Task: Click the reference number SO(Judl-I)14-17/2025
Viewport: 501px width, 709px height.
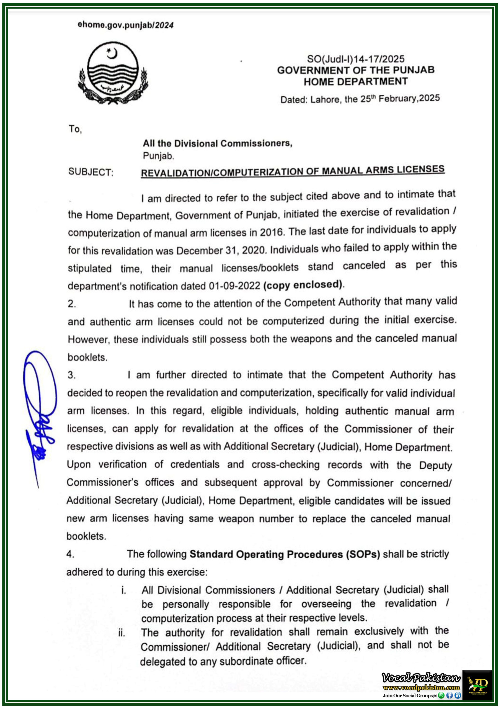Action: [x=355, y=59]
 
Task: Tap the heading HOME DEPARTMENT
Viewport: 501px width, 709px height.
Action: [x=356, y=82]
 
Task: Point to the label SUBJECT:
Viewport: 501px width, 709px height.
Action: [x=91, y=172]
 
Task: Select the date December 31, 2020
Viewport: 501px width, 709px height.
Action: [x=221, y=250]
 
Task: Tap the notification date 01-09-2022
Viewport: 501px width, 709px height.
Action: [x=235, y=286]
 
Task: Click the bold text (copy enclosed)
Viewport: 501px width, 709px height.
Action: [x=303, y=284]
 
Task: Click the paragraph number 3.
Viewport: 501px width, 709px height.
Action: [x=71, y=375]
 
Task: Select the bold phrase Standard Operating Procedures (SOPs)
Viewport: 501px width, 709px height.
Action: [x=284, y=554]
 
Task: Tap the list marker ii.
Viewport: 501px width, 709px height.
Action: [x=122, y=633]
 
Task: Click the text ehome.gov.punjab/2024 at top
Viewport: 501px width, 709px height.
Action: [x=125, y=25]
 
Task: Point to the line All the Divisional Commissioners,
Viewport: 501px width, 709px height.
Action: [x=217, y=143]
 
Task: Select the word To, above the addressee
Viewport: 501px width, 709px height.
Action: [x=75, y=129]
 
